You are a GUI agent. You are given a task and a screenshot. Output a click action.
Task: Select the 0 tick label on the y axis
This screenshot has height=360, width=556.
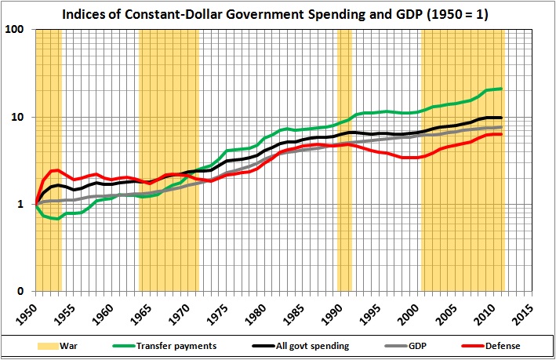point(26,292)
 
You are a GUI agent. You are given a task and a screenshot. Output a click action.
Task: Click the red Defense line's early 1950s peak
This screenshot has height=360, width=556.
point(54,170)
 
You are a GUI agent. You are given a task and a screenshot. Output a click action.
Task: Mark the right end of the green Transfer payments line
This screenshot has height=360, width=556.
point(501,89)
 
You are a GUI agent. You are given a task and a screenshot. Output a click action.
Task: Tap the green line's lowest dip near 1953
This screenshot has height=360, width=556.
point(56,219)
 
